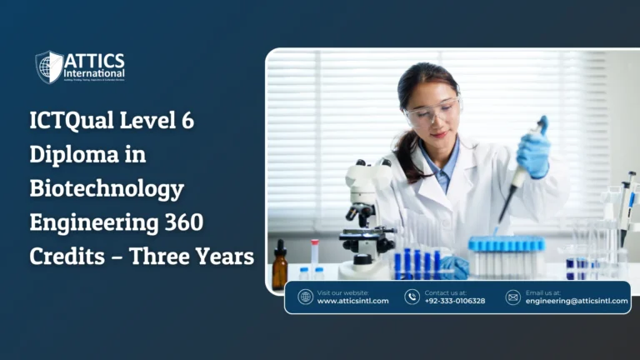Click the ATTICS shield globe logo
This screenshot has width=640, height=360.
(x=49, y=67)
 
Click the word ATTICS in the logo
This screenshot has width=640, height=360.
(x=94, y=61)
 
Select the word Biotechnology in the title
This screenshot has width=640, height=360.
(x=107, y=188)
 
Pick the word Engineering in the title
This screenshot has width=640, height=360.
(x=93, y=222)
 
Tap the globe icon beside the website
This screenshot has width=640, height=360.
(x=305, y=297)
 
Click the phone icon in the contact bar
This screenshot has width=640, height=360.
(x=412, y=297)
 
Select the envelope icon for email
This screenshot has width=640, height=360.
(x=512, y=297)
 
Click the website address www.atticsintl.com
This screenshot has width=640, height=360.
(x=352, y=301)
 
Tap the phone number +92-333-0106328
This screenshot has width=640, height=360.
(x=454, y=301)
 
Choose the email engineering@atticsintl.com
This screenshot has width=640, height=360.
(x=577, y=301)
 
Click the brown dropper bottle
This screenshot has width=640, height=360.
(x=279, y=268)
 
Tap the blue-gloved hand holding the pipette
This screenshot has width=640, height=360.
(x=532, y=152)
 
